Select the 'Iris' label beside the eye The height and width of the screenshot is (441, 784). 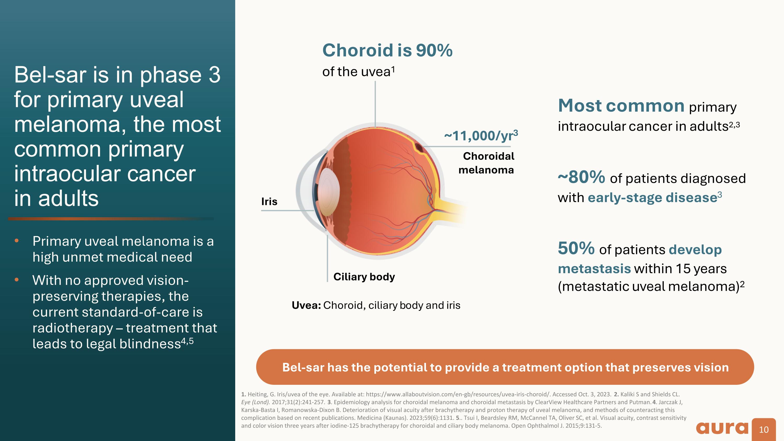pos(269,202)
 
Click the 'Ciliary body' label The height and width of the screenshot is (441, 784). pos(364,277)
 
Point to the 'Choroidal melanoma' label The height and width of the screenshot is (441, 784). pos(487,163)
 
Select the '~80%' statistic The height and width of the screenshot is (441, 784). pos(581,177)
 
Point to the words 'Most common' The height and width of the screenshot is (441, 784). pos(621,106)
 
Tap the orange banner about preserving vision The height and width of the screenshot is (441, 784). pos(505,367)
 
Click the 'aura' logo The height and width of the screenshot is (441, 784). pos(722,428)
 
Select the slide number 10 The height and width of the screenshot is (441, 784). pos(764,430)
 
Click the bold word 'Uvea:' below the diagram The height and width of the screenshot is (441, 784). pos(306,305)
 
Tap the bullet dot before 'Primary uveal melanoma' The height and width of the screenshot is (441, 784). pos(17,241)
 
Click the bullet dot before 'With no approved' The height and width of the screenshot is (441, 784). pos(17,280)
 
